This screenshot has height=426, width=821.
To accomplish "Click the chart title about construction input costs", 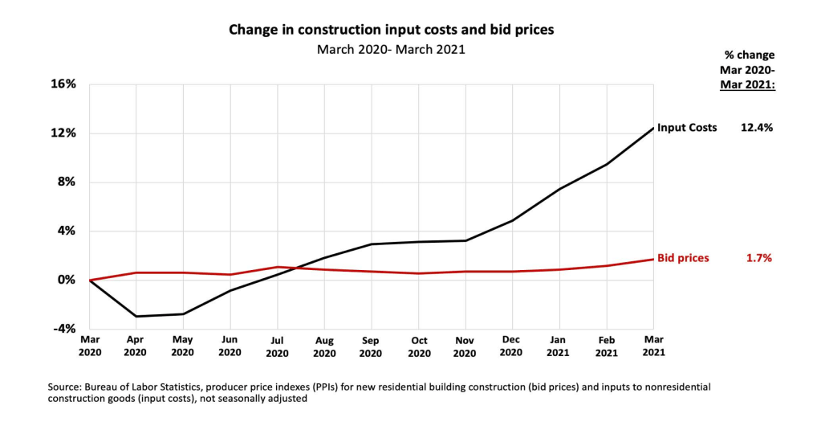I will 392,30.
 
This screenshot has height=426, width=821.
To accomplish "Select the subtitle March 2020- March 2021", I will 391,49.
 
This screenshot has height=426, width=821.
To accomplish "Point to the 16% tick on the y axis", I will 65,84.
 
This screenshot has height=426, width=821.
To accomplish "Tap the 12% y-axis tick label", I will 65,133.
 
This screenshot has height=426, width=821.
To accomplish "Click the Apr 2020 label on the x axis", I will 136,346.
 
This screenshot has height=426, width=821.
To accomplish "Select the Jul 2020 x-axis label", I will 277,346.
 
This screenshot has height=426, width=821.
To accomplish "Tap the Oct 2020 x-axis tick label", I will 418,346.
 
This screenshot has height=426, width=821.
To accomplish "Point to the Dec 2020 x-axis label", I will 512,346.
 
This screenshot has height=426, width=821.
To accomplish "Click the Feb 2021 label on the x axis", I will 607,346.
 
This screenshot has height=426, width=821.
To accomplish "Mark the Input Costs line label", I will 687,128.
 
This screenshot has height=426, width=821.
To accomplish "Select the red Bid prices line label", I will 683,259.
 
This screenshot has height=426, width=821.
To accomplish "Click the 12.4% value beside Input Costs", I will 756,128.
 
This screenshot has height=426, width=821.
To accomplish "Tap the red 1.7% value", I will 759,259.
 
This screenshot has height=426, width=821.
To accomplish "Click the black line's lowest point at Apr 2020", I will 136,316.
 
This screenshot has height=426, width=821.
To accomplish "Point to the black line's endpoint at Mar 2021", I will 653,128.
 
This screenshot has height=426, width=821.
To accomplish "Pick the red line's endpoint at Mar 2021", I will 653,259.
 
